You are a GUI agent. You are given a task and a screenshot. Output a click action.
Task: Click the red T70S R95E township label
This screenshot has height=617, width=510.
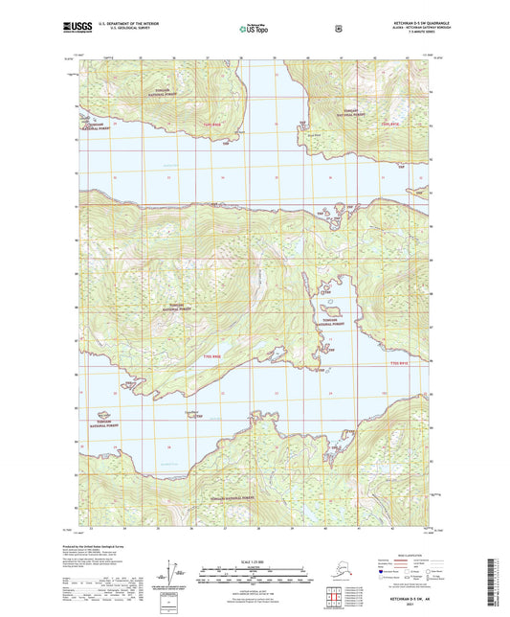(212, 124)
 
